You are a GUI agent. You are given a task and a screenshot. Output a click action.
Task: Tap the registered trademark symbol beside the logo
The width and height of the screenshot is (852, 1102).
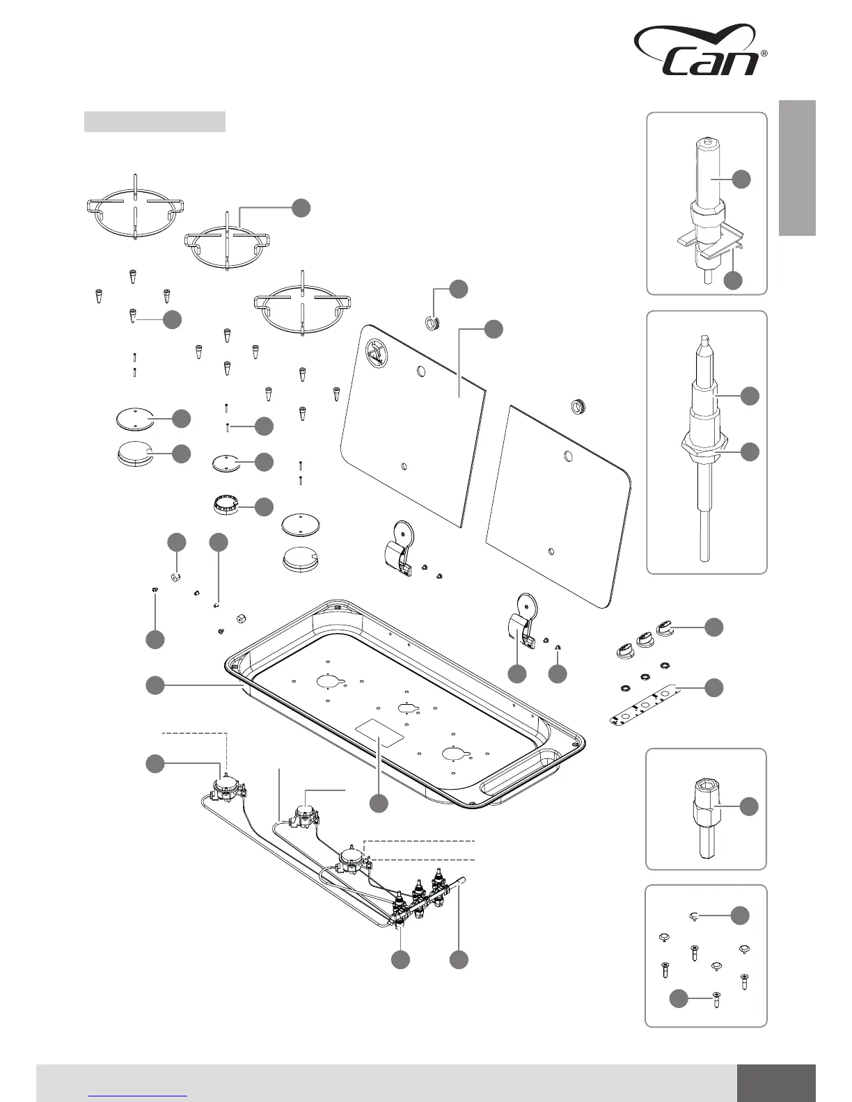[764, 54]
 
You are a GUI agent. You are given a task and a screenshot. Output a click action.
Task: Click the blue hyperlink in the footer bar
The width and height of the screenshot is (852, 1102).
[139, 1095]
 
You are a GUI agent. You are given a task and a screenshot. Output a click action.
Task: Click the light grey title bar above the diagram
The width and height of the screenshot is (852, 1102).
[155, 121]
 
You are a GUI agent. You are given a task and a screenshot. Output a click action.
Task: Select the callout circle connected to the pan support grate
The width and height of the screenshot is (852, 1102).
[301, 207]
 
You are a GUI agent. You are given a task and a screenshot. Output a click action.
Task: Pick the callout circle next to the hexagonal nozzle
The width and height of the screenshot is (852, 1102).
[749, 806]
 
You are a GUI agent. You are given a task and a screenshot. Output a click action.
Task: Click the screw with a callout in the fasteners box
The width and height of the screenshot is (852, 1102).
[716, 1000]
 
